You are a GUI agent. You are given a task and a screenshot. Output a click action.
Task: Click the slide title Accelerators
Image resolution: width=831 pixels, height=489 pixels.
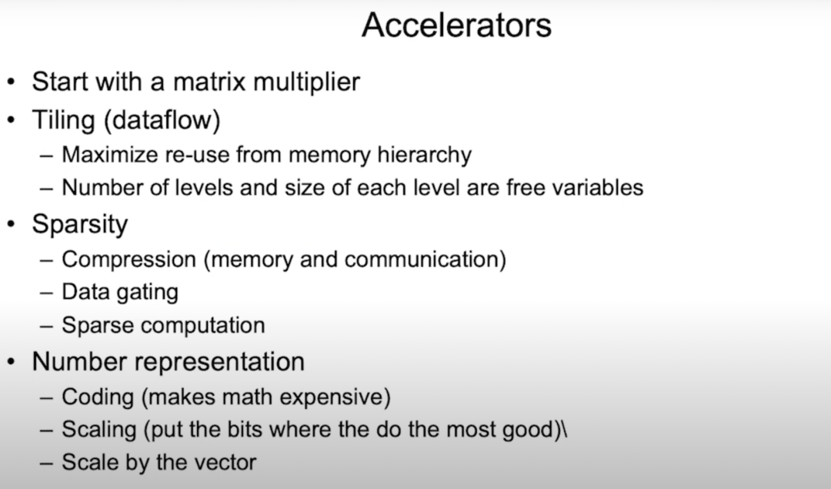point(456,25)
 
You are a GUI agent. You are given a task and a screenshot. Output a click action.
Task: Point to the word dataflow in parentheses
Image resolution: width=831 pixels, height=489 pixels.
point(162,120)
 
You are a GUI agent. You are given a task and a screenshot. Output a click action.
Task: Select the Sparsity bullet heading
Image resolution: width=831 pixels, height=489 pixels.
point(79,225)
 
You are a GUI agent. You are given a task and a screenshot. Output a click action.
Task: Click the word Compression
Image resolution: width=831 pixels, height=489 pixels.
point(128,260)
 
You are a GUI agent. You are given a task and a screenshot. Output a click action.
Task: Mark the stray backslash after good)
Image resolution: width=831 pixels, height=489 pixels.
point(564,429)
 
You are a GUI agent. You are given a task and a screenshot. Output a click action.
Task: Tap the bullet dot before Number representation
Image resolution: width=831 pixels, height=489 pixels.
point(11,362)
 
